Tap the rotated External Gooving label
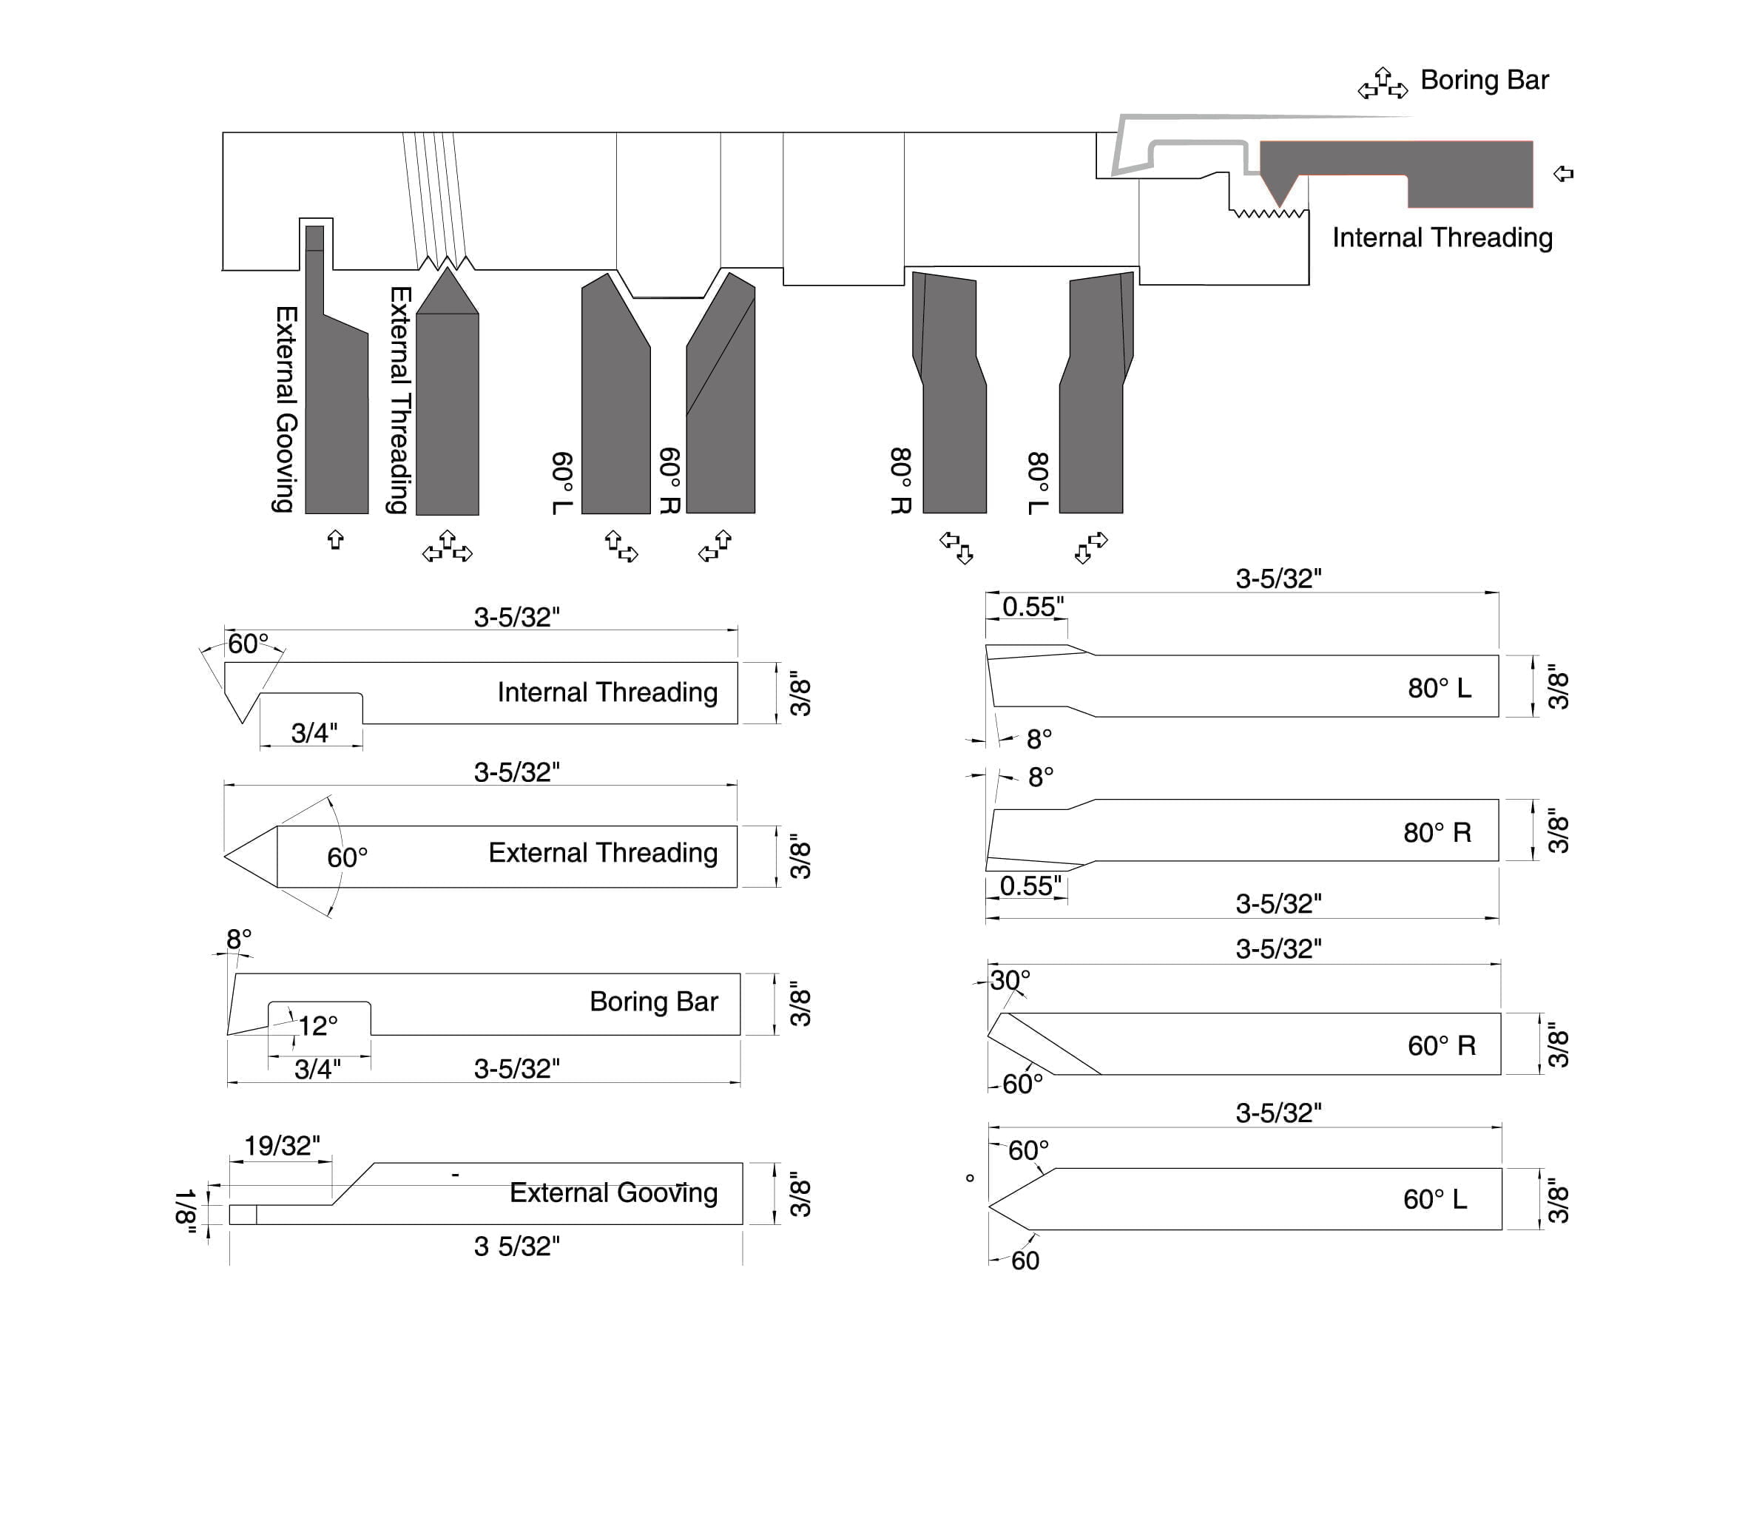[x=286, y=408]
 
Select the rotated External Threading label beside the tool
[x=400, y=399]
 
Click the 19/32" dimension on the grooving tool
[x=282, y=1146]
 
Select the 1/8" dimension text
[x=185, y=1212]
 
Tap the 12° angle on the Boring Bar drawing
[x=317, y=1025]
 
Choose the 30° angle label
[x=1010, y=979]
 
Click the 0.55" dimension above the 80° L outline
[x=1033, y=607]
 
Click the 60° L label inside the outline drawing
[x=1434, y=1198]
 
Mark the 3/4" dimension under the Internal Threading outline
[x=314, y=732]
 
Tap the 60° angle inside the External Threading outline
[x=347, y=857]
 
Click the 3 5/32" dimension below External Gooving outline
[x=516, y=1246]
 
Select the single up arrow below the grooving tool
[x=335, y=539]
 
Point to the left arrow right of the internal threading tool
[x=1562, y=175]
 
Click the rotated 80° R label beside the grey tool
[x=901, y=480]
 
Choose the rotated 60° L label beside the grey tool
[x=561, y=483]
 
